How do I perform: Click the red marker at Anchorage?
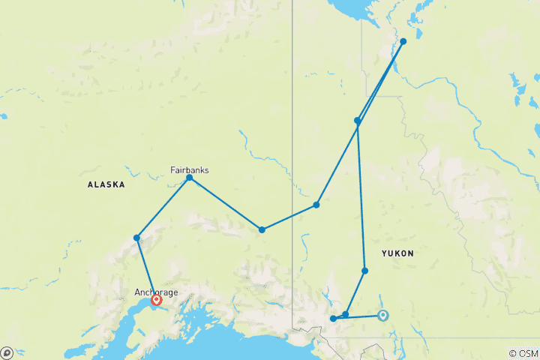point(157,300)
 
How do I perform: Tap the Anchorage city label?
point(156,292)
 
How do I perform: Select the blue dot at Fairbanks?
point(189,178)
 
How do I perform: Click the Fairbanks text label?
point(189,169)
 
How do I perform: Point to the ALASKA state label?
point(106,184)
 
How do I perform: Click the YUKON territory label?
point(397,253)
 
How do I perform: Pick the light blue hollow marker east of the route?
point(383,315)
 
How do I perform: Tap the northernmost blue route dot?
point(403,41)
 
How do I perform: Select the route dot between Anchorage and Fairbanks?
point(136,238)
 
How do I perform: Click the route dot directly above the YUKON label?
point(365,271)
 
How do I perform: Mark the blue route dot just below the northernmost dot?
point(358,121)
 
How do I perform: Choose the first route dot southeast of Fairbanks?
point(262,229)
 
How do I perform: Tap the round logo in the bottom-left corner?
point(7,352)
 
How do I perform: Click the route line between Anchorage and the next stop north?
point(145,267)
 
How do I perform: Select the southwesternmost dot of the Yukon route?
point(333,319)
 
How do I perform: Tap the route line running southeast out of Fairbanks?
point(225,203)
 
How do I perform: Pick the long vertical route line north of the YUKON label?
point(361,195)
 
